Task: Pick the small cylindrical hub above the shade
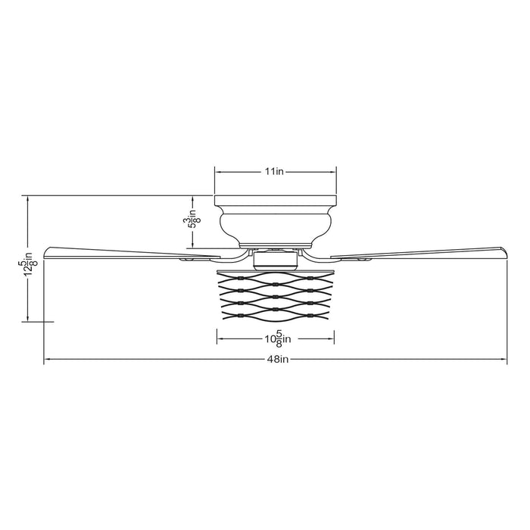[x=275, y=260]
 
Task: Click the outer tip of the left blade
[x=45, y=252]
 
